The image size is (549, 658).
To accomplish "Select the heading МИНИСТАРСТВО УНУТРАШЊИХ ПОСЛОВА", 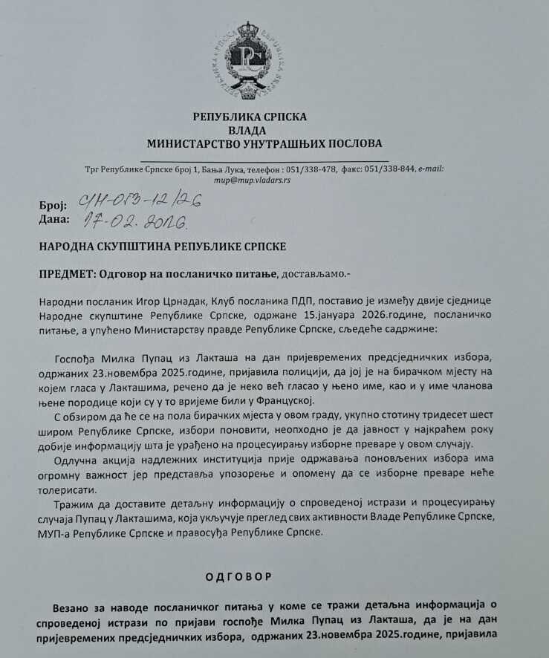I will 264,143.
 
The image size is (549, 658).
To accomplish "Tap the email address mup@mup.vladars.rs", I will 251,180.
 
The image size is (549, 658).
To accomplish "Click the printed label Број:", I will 51,205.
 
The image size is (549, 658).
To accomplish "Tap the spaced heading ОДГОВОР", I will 239,576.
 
